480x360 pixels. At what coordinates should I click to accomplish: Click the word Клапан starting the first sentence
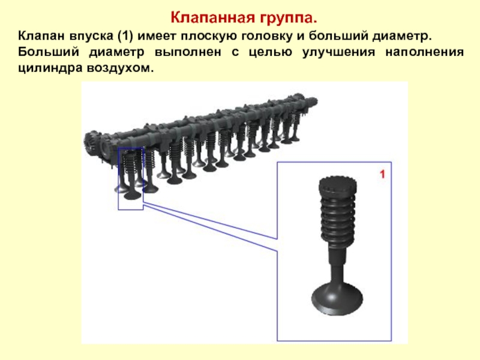coord(41,36)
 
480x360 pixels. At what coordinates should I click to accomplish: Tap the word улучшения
coord(338,52)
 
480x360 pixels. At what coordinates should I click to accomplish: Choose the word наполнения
coord(424,52)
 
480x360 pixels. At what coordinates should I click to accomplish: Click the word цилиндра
coord(50,68)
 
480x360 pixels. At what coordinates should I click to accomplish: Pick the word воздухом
coord(119,68)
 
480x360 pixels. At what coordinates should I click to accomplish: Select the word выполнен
coord(188,52)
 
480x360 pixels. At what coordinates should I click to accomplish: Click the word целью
coord(271,53)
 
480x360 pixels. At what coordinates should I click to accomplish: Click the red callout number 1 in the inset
coord(382,175)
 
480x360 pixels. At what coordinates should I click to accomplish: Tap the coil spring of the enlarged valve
coord(338,218)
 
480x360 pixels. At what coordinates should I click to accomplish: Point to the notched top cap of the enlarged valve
coord(338,186)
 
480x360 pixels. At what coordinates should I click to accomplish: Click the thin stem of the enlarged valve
coord(337,263)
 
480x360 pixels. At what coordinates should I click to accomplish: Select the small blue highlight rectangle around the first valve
coord(118,179)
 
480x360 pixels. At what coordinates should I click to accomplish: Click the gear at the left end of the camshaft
coord(92,143)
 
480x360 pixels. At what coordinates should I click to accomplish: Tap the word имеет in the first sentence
coord(157,36)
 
